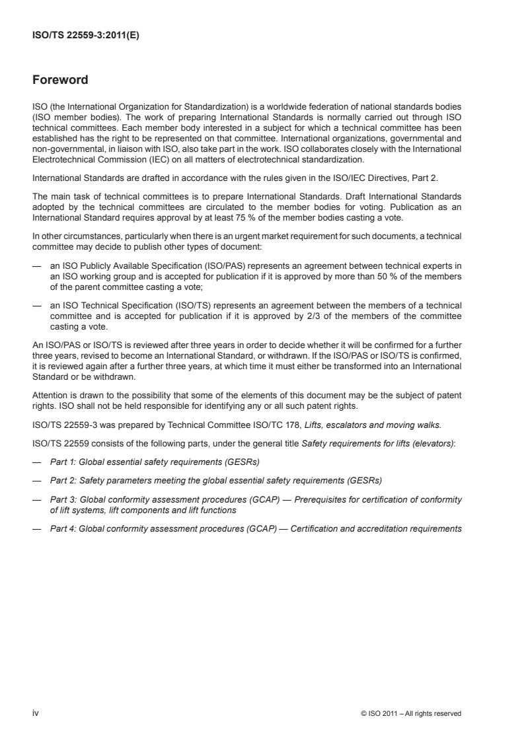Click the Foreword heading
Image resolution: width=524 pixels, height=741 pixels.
pos(60,81)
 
